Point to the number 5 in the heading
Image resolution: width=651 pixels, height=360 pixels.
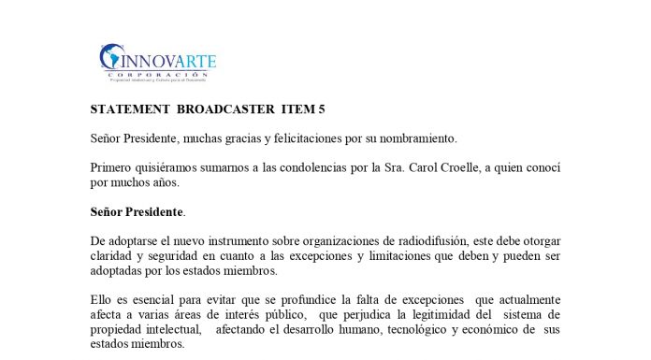321,109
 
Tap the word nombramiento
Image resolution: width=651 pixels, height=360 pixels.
414,138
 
